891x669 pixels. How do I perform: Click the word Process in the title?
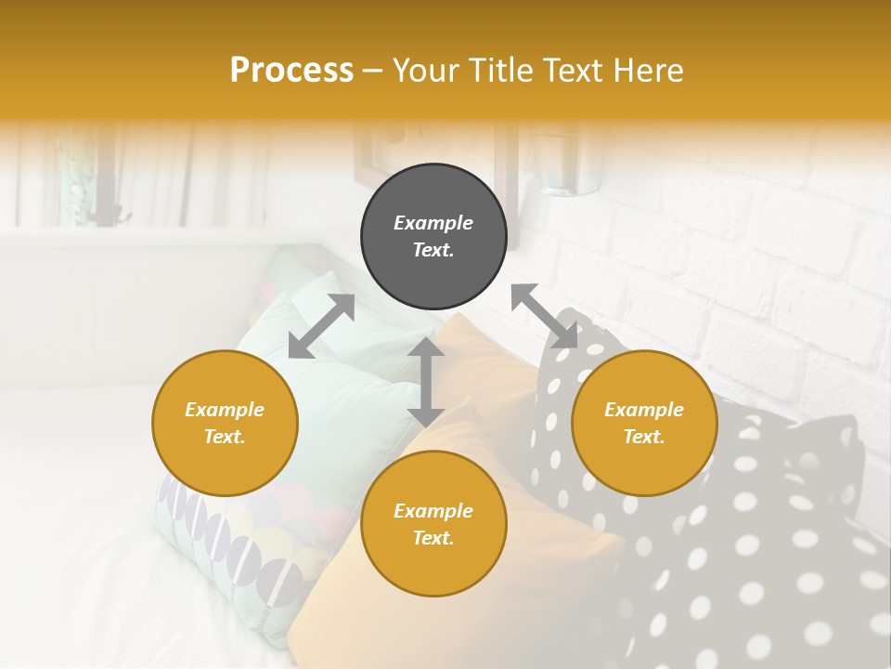(291, 71)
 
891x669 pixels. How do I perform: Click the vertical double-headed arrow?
(426, 382)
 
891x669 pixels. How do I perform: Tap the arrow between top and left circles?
(321, 326)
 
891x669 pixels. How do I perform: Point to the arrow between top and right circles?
(544, 316)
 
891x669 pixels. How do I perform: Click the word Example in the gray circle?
(433, 223)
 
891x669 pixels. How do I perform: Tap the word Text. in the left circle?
(225, 437)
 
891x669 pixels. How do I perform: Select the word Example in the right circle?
(644, 410)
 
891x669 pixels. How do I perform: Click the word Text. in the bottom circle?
(433, 538)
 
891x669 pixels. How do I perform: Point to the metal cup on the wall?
(568, 167)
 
